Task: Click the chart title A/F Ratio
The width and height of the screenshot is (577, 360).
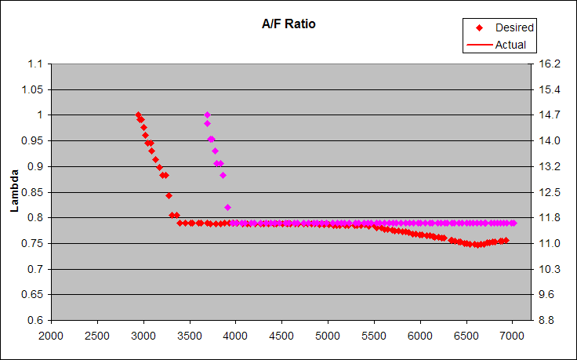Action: (288, 24)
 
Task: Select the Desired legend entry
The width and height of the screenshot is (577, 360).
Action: (514, 27)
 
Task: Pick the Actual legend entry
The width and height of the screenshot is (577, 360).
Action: (510, 45)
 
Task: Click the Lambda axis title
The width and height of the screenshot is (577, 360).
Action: (14, 192)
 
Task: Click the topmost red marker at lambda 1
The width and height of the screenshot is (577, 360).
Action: (138, 115)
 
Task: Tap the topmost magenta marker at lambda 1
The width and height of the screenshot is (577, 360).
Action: (207, 115)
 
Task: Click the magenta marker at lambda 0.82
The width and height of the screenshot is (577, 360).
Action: (227, 207)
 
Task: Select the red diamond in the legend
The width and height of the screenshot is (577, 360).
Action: (478, 27)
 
